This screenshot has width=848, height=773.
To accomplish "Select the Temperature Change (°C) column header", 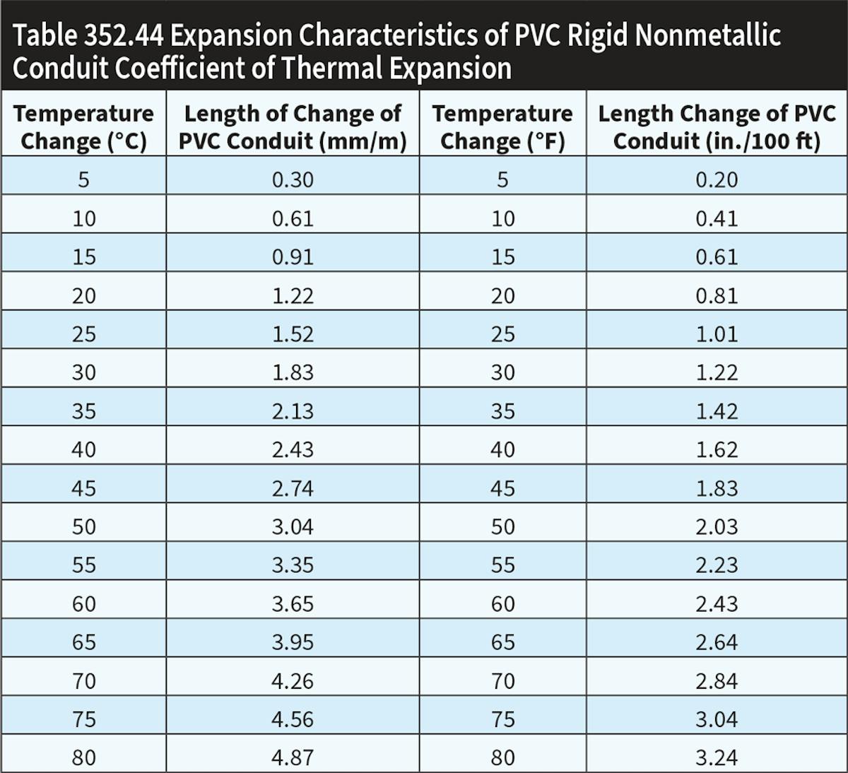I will pos(83,127).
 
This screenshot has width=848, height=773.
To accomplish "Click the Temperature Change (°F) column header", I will pos(502,127).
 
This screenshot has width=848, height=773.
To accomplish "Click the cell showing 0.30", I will pos(293,180).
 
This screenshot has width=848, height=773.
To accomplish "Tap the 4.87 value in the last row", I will pos(293,758).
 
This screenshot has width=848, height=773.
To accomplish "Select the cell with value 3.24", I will pos(717,758).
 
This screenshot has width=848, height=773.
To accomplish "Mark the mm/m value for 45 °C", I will pos(293,488).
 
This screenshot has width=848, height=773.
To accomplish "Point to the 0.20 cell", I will pos(717,180).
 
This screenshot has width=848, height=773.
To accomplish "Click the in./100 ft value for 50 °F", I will pos(717,527).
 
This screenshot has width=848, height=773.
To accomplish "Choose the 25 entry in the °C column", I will pos(83,334).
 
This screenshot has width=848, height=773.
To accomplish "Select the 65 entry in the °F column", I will pos(502,642).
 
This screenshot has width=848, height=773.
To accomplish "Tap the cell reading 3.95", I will pos(293,642).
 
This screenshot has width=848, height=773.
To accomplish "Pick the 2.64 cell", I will pos(717,642).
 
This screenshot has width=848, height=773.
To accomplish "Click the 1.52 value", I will pos(293,334).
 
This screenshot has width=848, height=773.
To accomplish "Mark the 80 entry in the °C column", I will pos(83,758).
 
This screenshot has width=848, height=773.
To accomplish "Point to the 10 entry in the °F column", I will pos(502,219).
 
